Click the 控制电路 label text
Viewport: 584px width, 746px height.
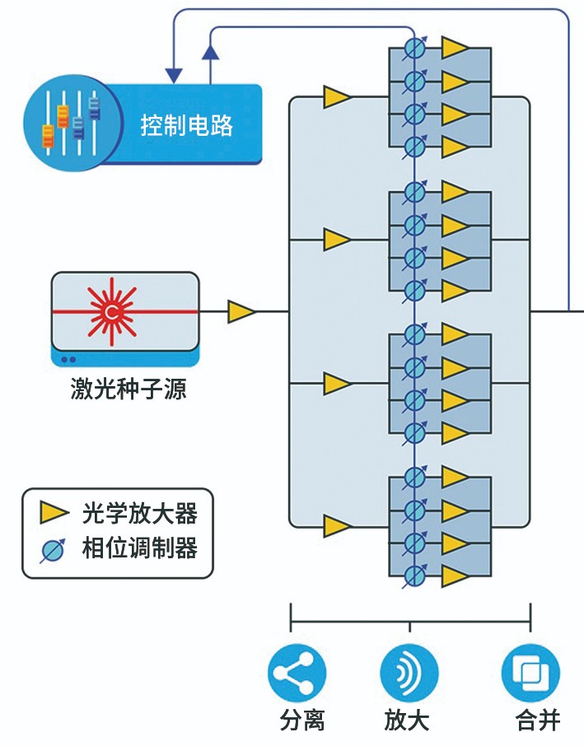tap(187, 125)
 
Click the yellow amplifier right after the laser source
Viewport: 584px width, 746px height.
tap(241, 312)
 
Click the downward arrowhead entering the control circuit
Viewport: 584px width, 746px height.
tap(174, 75)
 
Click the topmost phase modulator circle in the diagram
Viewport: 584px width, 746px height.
tap(416, 49)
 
